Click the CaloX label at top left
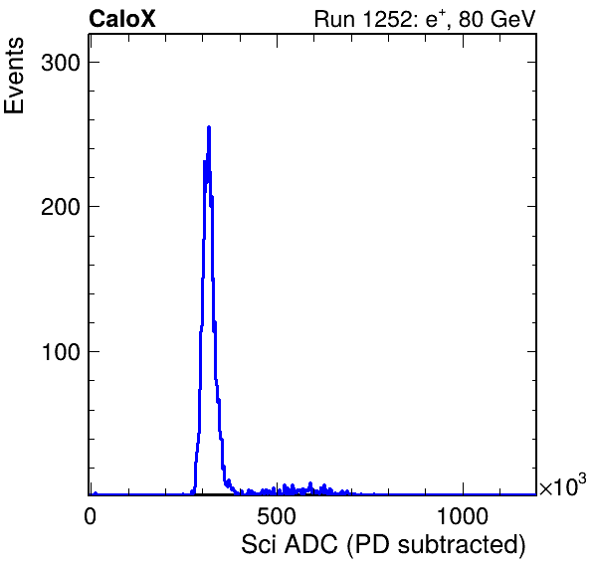(x=122, y=19)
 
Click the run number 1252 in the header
(x=386, y=19)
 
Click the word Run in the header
(x=334, y=19)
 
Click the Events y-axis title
(x=14, y=76)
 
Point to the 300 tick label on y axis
(x=61, y=63)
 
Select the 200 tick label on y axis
(x=61, y=207)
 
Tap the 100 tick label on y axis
(x=62, y=352)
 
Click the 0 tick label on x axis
(x=90, y=516)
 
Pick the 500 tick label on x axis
(x=276, y=516)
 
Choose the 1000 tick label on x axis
(x=463, y=516)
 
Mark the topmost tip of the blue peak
(x=209, y=127)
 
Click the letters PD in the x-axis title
(x=371, y=544)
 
